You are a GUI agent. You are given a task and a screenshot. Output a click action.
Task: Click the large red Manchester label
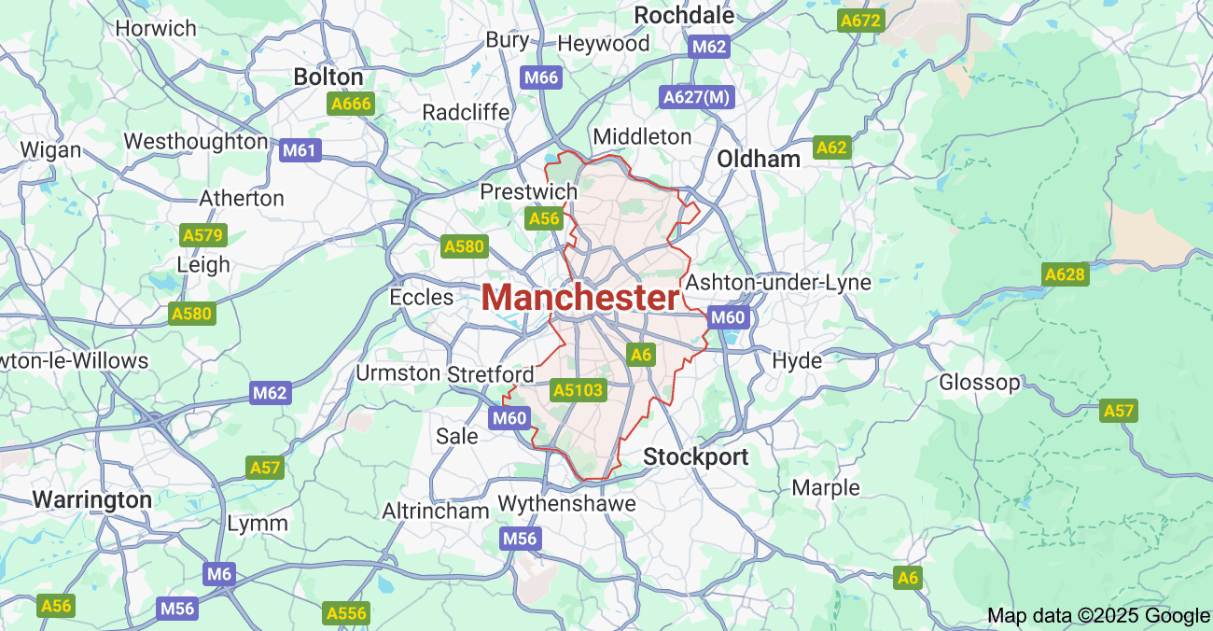pyautogui.click(x=580, y=298)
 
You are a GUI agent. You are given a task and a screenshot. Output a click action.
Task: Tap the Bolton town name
pyautogui.click(x=328, y=77)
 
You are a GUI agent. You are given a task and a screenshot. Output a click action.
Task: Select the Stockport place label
pyautogui.click(x=696, y=457)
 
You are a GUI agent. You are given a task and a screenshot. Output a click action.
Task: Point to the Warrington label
pyautogui.click(x=92, y=499)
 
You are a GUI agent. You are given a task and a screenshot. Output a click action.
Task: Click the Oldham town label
pyautogui.click(x=759, y=159)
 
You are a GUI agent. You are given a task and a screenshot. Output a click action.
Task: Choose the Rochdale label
pyautogui.click(x=684, y=15)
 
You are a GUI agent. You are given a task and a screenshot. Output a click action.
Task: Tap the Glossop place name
pyautogui.click(x=980, y=382)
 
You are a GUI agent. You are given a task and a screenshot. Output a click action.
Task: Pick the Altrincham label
pyautogui.click(x=436, y=511)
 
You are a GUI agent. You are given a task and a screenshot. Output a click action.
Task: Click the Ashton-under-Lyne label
pyautogui.click(x=778, y=282)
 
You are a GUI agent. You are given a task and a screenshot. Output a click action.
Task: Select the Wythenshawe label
pyautogui.click(x=566, y=504)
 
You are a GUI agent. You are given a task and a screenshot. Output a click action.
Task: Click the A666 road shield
pyautogui.click(x=351, y=104)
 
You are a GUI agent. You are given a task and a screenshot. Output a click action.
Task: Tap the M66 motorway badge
pyautogui.click(x=541, y=77)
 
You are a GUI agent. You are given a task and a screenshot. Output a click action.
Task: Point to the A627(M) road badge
pyautogui.click(x=697, y=96)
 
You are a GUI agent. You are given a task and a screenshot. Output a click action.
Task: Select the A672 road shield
pyautogui.click(x=860, y=20)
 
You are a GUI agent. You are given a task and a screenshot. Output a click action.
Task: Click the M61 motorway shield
pyautogui.click(x=300, y=150)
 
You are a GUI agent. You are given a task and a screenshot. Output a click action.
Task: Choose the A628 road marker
pyautogui.click(x=1065, y=274)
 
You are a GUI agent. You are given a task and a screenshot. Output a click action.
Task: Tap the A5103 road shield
pyautogui.click(x=579, y=390)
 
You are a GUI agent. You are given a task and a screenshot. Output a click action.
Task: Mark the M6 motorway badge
pyautogui.click(x=219, y=573)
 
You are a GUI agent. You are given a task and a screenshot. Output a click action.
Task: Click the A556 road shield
pyautogui.click(x=346, y=613)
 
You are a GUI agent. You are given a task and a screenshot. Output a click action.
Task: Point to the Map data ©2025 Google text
pyautogui.click(x=1098, y=615)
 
